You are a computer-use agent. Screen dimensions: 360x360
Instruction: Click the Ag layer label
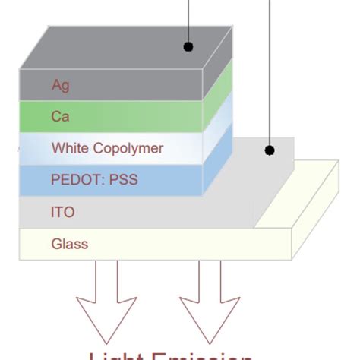(60, 85)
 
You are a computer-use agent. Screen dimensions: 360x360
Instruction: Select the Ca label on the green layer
(60, 118)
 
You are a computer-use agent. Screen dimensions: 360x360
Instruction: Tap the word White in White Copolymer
(71, 148)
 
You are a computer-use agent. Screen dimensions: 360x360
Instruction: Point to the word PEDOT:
(76, 181)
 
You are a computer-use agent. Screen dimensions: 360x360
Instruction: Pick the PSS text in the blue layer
(122, 181)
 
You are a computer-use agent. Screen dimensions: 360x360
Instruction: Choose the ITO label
(63, 213)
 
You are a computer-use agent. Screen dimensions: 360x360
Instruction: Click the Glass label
(70, 245)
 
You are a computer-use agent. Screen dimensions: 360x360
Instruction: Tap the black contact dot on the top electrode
(188, 46)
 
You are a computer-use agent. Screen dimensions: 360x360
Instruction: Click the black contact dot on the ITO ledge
(269, 150)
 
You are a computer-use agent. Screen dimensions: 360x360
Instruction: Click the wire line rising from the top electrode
(188, 19)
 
